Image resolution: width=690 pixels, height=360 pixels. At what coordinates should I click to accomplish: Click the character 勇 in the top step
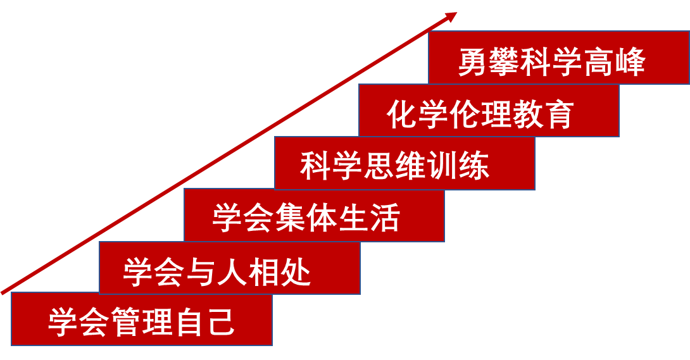point(473,63)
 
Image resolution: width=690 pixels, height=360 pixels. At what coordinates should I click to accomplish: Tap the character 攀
point(504,63)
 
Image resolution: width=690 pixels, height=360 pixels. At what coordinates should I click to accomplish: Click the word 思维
point(395,166)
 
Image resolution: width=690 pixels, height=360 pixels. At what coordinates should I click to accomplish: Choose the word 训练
point(458,166)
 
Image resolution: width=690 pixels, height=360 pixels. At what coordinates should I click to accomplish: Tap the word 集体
point(306,218)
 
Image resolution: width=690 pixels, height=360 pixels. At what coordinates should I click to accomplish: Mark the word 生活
point(370,218)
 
